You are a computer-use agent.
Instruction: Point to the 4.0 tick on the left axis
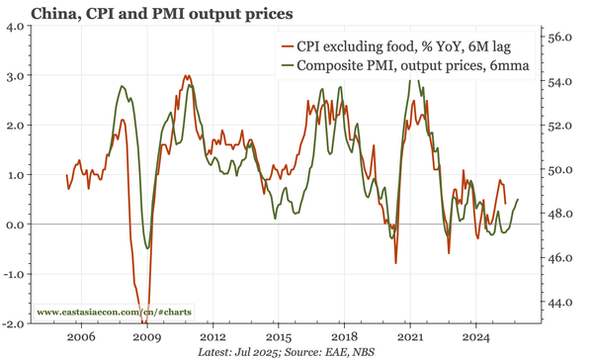pyautogui.click(x=18, y=27)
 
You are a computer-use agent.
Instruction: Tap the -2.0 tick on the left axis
pyautogui.click(x=16, y=323)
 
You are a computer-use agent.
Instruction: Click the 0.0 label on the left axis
pyautogui.click(x=18, y=225)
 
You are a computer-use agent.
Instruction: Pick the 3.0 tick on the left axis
pyautogui.click(x=18, y=76)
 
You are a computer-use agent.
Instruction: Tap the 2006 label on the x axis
pyautogui.click(x=81, y=337)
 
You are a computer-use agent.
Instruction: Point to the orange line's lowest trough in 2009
pyautogui.click(x=144, y=322)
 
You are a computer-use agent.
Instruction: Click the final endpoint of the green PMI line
pyautogui.click(x=518, y=200)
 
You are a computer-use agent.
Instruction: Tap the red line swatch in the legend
pyautogui.click(x=289, y=47)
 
